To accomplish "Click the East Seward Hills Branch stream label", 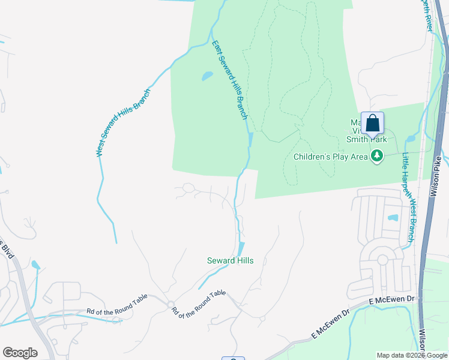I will [x=229, y=79].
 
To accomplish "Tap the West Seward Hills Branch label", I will [x=123, y=123].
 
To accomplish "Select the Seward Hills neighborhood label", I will [x=230, y=260].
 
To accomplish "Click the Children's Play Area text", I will [x=330, y=157].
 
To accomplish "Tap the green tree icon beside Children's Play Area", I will [x=377, y=156].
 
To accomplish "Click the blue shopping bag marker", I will [x=372, y=124].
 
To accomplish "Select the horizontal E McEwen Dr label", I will [x=392, y=299].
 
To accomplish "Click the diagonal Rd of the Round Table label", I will [x=199, y=304].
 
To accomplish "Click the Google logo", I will [x=20, y=353].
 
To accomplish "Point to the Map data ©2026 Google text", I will [x=411, y=355].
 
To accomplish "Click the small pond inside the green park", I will [x=206, y=76].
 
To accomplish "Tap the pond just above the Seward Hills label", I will [x=241, y=248].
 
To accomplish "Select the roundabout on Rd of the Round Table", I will [x=170, y=304].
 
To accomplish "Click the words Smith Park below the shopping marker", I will [x=366, y=140].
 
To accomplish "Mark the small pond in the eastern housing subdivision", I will [x=393, y=217].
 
